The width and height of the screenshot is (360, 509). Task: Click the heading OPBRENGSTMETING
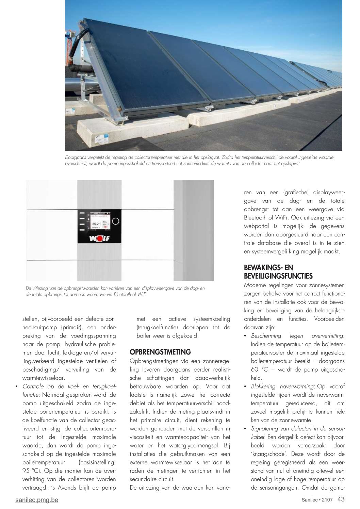(x=160, y=352)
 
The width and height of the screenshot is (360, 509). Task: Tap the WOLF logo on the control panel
(x=99, y=238)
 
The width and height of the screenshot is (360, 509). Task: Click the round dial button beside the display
(x=116, y=221)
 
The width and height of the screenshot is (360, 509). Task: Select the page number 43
(x=341, y=499)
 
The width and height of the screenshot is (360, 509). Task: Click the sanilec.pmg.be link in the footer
(x=37, y=500)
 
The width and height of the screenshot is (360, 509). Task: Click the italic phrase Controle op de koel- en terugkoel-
(x=69, y=387)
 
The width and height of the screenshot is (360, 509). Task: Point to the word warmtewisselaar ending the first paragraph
(x=44, y=378)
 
